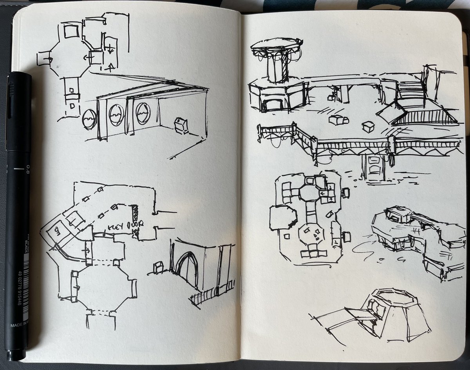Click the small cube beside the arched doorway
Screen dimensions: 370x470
(x=158, y=267)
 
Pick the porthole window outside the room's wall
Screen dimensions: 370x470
(x=89, y=119)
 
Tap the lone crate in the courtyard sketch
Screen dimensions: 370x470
(x=368, y=127)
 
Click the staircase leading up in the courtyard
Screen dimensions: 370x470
(x=410, y=94)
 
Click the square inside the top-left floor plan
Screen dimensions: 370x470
(x=71, y=32)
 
